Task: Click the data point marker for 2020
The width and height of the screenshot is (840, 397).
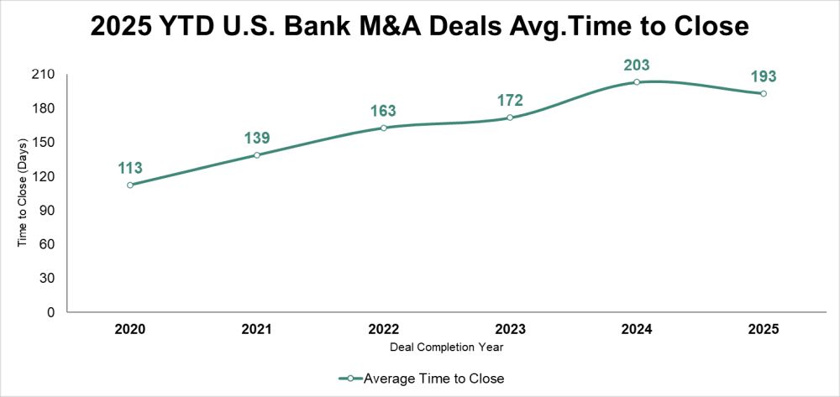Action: tap(130, 185)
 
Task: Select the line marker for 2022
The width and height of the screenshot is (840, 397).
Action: tap(383, 128)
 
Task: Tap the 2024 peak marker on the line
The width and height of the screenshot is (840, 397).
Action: tap(637, 82)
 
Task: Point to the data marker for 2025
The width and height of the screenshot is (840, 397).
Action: tap(763, 93)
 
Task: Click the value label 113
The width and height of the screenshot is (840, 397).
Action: tap(130, 168)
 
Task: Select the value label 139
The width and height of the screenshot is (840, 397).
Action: tap(257, 138)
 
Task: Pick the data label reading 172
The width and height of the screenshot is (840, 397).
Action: tap(510, 101)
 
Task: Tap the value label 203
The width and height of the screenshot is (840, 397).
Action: tap(637, 65)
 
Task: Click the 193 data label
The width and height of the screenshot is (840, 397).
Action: tap(763, 76)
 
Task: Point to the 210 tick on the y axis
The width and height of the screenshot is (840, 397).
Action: tap(44, 75)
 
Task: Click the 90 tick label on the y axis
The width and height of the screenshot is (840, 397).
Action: tap(47, 211)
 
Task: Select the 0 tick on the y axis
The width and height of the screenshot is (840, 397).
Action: tap(50, 312)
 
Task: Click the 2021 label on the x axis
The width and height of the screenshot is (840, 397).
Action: tap(257, 329)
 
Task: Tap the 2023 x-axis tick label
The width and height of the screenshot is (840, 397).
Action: tap(510, 329)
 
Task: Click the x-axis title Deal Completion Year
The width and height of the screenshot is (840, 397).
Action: tap(446, 346)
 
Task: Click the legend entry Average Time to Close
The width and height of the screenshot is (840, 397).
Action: tap(433, 379)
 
